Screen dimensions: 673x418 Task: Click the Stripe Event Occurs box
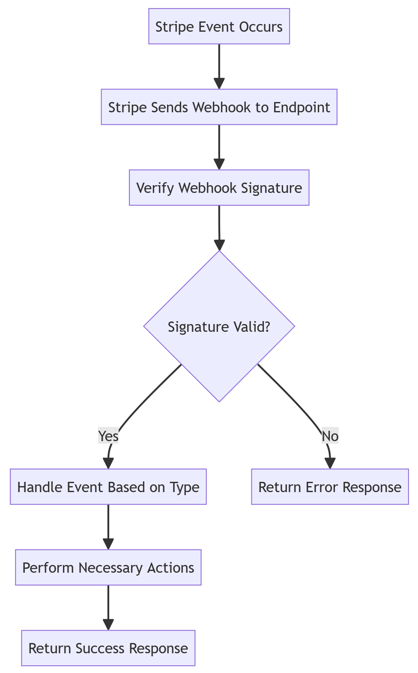tap(219, 27)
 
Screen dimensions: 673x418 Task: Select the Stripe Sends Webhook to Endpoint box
tap(219, 107)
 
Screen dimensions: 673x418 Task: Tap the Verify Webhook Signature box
tap(219, 188)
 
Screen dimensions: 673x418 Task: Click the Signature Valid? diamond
tap(219, 327)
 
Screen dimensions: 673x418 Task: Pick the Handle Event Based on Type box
tap(108, 487)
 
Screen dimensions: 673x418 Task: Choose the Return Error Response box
tap(330, 487)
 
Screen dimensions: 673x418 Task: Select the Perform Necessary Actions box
tap(108, 568)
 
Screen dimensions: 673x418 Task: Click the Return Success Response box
tap(108, 648)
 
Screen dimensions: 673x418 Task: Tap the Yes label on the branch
tap(108, 436)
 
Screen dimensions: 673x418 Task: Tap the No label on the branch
tap(330, 436)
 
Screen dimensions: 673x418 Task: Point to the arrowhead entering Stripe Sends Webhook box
tap(219, 84)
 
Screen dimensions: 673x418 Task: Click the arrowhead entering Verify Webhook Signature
tap(219, 165)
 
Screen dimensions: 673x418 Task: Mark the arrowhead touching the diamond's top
tap(219, 245)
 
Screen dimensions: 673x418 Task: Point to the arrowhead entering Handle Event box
tap(108, 464)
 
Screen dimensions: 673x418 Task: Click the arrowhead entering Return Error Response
tap(330, 464)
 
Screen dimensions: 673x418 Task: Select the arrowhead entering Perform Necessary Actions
tap(108, 544)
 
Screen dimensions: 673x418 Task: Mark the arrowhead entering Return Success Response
tap(108, 625)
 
